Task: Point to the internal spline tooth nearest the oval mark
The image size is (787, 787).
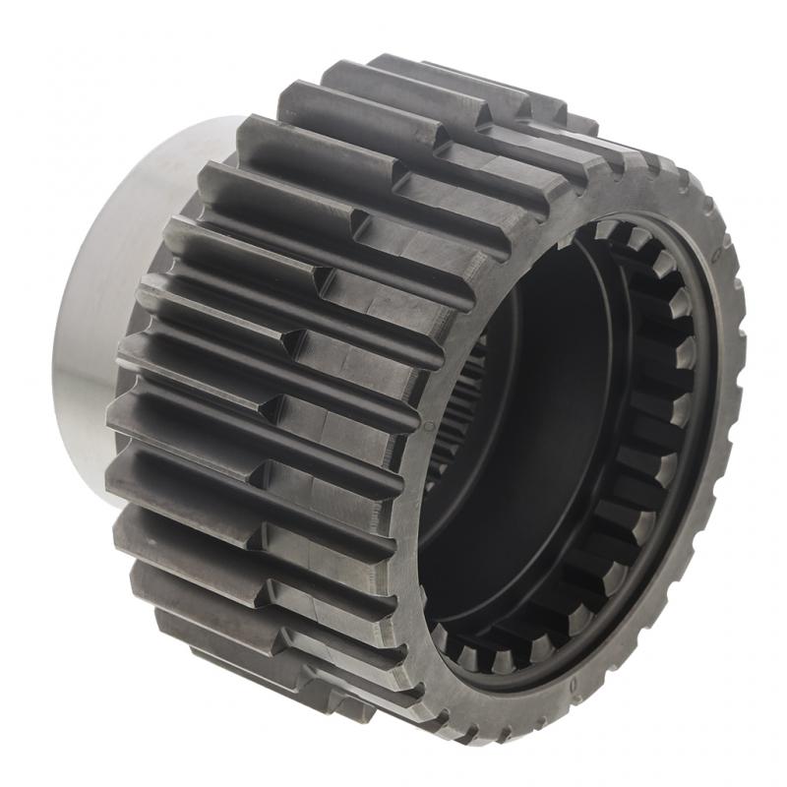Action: (679, 295)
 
